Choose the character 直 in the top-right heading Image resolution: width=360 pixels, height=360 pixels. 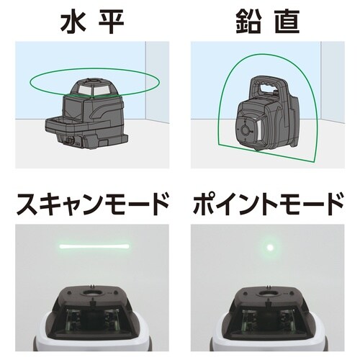pos(291,21)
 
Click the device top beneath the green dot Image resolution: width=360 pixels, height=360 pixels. pos(271,317)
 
